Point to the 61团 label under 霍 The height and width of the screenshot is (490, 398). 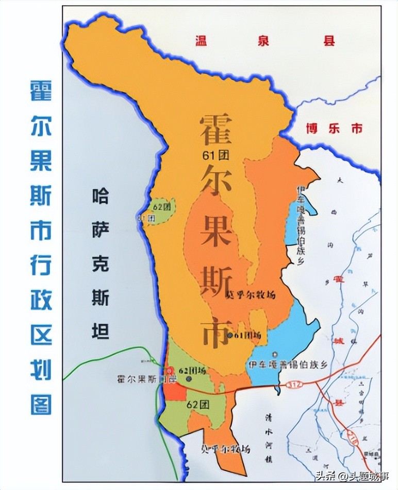(216, 154)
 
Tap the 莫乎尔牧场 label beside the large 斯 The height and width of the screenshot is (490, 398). (251, 295)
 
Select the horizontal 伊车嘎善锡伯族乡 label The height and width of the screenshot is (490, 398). (288, 364)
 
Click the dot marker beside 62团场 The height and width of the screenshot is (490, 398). (189, 378)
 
